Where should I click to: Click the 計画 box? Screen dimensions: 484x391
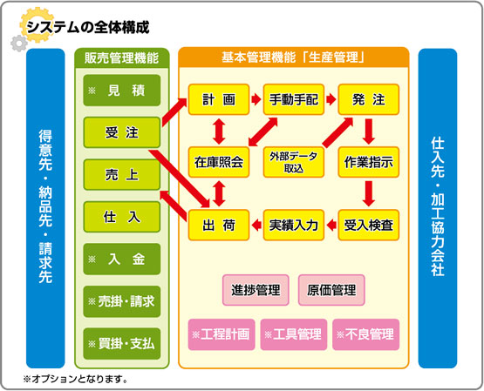tap(219, 99)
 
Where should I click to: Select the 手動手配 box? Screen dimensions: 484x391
tap(294, 99)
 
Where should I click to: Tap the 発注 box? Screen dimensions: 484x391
tap(369, 99)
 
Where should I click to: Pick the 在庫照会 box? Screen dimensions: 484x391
tap(219, 162)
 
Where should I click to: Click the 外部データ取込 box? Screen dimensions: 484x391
tap(294, 162)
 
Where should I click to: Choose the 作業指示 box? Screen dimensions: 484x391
tap(369, 162)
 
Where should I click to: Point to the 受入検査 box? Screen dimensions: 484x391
tap(369, 226)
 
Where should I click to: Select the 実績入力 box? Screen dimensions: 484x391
tap(294, 226)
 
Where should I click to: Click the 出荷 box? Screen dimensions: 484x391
tap(219, 226)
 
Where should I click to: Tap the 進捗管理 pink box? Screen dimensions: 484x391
tap(256, 290)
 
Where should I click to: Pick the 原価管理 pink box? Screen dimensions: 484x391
tap(331, 290)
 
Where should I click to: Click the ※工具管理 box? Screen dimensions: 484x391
tap(294, 334)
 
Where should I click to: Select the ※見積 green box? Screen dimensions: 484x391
tap(122, 91)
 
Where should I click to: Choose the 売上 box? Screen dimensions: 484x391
tap(122, 175)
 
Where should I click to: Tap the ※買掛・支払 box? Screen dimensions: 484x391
tap(122, 344)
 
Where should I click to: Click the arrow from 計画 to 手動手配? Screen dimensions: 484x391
tap(256, 99)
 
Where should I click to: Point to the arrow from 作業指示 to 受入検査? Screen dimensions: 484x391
tap(369, 193)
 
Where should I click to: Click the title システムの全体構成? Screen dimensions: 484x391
tap(88, 27)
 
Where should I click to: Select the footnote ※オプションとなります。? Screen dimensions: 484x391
tap(76, 379)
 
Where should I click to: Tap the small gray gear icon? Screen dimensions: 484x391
tap(19, 44)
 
